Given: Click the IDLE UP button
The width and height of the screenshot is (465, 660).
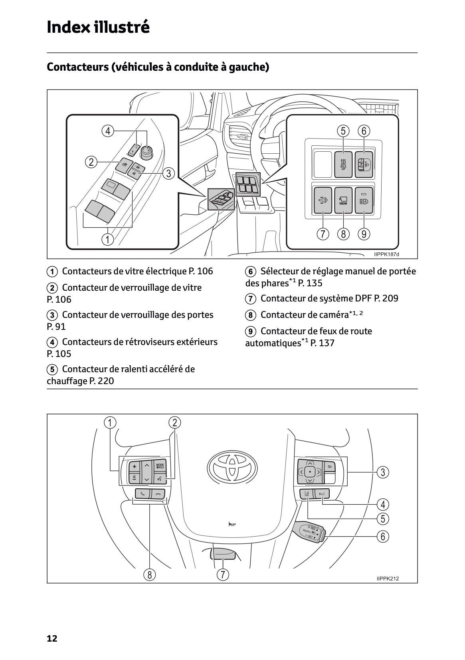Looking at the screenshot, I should [343, 164].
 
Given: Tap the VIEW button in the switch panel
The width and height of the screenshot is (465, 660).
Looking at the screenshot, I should [343, 200].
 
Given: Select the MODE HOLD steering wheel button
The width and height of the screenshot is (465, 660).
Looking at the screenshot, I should [160, 466].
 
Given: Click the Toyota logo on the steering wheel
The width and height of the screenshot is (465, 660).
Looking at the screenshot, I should [230, 466].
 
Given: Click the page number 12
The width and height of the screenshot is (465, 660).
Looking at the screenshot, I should [52, 638].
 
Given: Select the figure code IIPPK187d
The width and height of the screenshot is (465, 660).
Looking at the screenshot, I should [386, 254].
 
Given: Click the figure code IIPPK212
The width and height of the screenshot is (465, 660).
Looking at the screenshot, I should [387, 579].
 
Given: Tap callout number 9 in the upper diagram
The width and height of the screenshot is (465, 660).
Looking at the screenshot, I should [364, 234].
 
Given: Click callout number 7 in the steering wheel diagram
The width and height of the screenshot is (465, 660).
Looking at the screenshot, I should [222, 575].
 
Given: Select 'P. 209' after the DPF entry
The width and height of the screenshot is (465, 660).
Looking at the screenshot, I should [386, 298].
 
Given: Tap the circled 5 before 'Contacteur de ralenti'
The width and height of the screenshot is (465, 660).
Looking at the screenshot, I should [52, 369].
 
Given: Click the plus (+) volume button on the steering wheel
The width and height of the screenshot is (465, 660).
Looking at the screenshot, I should [135, 466].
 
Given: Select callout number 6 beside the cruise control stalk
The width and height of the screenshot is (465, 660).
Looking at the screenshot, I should [382, 536].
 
